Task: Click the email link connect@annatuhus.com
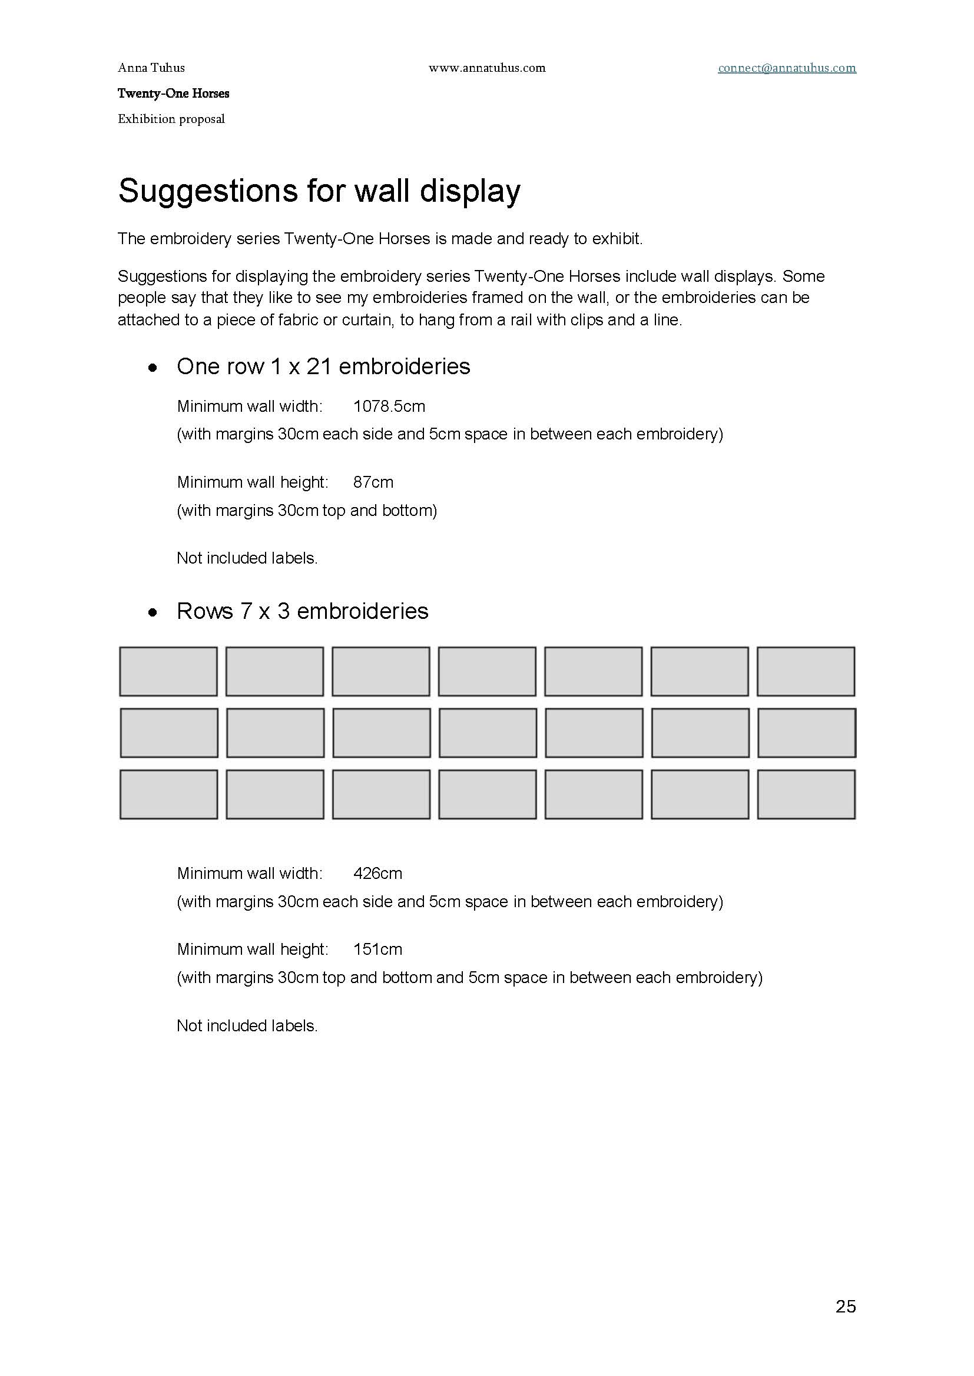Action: pyautogui.click(x=787, y=68)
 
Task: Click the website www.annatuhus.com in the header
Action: pyautogui.click(x=487, y=68)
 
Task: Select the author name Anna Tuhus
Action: pyautogui.click(x=151, y=68)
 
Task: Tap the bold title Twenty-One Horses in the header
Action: pyautogui.click(x=173, y=94)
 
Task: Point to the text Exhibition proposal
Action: pyautogui.click(x=171, y=119)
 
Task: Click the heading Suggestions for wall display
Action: pyautogui.click(x=319, y=191)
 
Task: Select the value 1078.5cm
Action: pyautogui.click(x=389, y=407)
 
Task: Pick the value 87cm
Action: pyautogui.click(x=373, y=482)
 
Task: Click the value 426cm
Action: pyautogui.click(x=378, y=873)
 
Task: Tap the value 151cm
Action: pyautogui.click(x=378, y=949)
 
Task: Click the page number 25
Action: pyautogui.click(x=846, y=1306)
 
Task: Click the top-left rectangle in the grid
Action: pyautogui.click(x=168, y=671)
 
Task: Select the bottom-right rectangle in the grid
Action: pyautogui.click(x=806, y=795)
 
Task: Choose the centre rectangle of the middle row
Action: pyautogui.click(x=488, y=733)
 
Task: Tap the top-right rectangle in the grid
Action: pyautogui.click(x=806, y=671)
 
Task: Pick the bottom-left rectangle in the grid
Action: pyautogui.click(x=168, y=795)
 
